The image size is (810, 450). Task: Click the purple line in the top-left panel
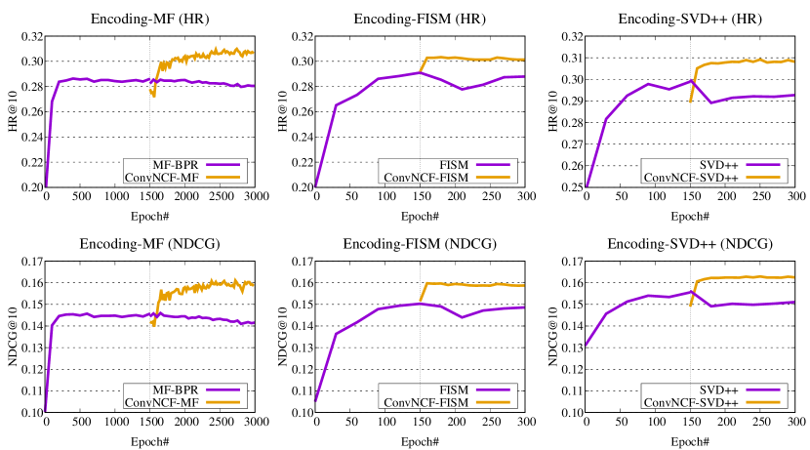point(98,79)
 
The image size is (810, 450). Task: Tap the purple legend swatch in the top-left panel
point(223,165)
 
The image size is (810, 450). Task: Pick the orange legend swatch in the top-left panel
point(223,177)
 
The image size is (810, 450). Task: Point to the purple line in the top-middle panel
point(356,95)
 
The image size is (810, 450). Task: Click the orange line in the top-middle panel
point(468,59)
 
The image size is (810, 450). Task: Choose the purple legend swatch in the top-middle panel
point(492,165)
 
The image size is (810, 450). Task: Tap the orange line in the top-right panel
point(742,61)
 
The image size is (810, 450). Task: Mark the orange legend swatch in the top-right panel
point(762,177)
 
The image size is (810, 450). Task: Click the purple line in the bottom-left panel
point(98,315)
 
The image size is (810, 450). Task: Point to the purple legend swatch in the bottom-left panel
point(223,389)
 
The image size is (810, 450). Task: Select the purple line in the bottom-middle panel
point(356,321)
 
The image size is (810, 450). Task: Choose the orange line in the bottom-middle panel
point(468,284)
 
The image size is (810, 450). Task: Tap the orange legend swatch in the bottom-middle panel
point(492,401)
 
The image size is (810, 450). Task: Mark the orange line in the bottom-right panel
point(742,277)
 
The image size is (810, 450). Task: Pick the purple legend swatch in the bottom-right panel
point(762,389)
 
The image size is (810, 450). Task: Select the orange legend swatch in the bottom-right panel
point(762,401)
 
